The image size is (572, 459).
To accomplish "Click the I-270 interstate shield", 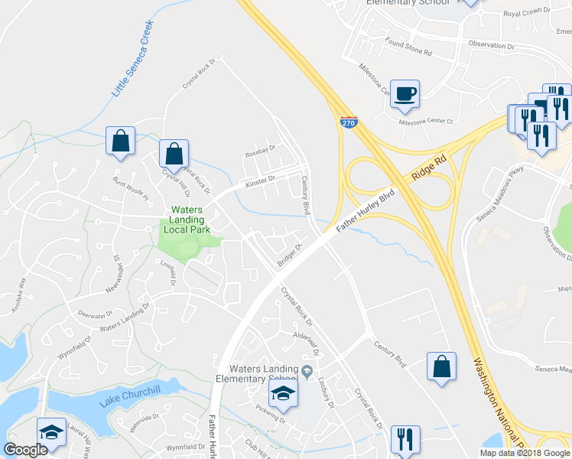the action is tap(348, 122).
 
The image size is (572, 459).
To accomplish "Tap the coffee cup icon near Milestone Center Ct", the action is tap(405, 93).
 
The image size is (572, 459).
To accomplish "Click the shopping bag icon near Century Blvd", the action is tap(442, 366).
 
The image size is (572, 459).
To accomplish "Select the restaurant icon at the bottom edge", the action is tap(405, 439).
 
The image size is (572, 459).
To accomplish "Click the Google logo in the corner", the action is tap(25, 450).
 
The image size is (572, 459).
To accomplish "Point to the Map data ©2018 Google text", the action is tap(525, 453).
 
